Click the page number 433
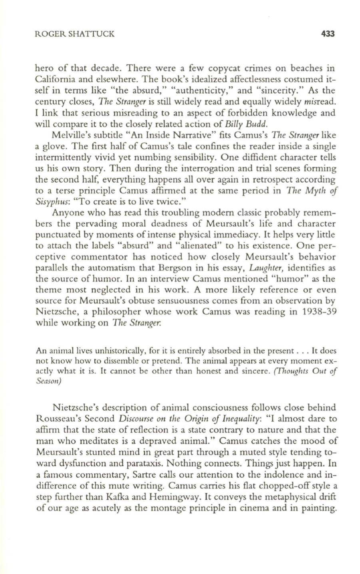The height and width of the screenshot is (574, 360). click(327, 34)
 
